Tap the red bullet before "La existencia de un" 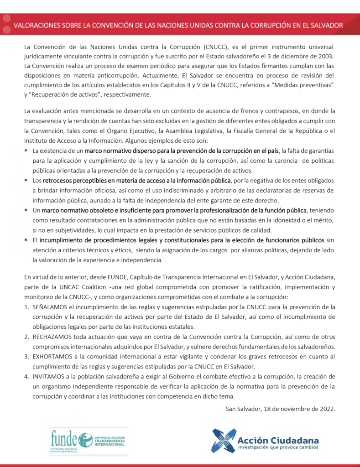coord(26,150)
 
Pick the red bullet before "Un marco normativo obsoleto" coord(26,210)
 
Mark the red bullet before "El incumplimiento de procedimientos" coord(26,239)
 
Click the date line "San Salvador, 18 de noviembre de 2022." coord(281,408)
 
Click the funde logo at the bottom coord(88,441)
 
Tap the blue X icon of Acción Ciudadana coord(224,441)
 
